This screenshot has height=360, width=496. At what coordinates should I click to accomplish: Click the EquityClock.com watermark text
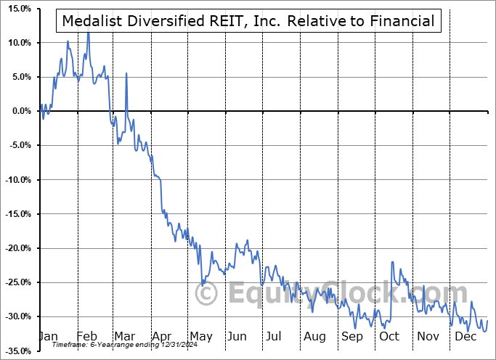click(x=333, y=293)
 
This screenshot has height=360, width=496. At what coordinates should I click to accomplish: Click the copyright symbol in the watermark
click(x=207, y=294)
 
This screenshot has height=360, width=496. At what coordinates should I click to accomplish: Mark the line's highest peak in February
click(x=88, y=32)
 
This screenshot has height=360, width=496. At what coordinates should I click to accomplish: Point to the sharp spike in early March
click(x=126, y=73)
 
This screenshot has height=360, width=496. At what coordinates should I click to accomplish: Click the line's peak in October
click(x=392, y=262)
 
